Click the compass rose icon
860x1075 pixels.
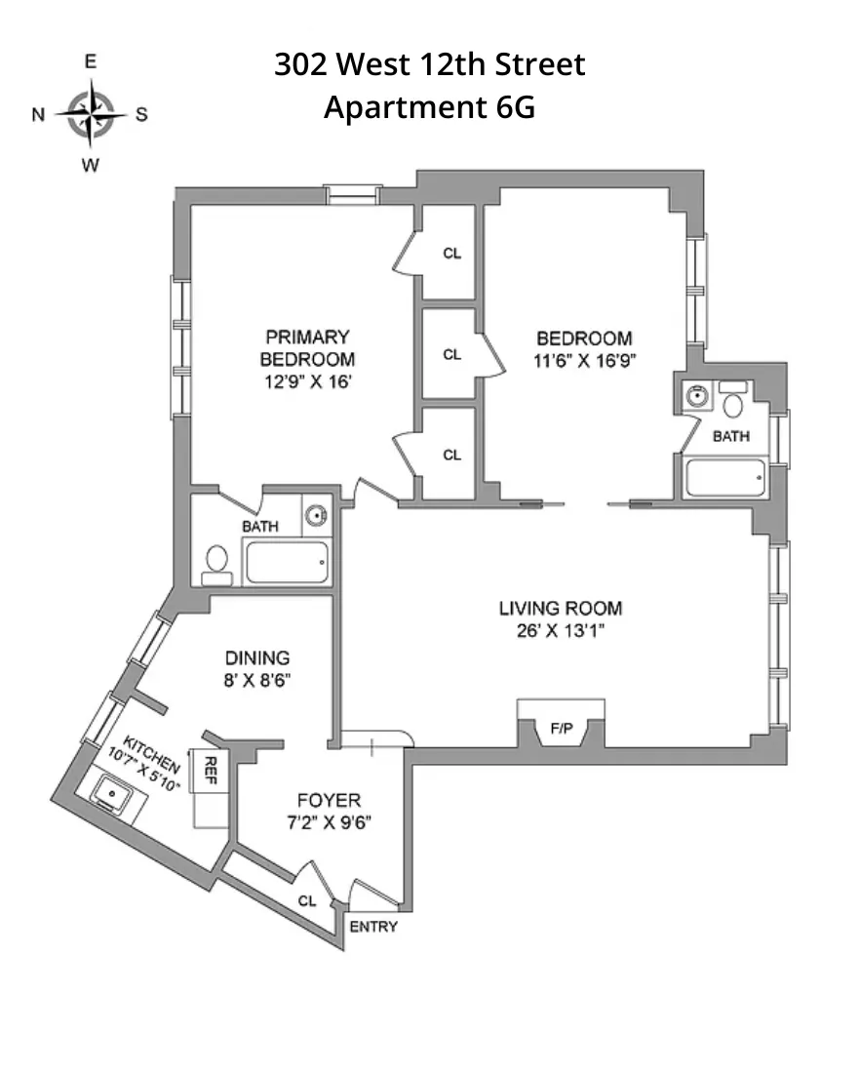(x=91, y=113)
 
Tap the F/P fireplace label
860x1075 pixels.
(x=561, y=727)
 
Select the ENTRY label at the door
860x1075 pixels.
(x=373, y=926)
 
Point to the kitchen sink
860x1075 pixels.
(x=115, y=794)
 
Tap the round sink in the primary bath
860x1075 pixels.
(x=315, y=515)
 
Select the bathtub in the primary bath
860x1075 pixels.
(x=286, y=564)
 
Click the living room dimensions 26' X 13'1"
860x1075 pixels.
(x=561, y=630)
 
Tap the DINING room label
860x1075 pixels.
(x=257, y=657)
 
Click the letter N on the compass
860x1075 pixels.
(x=38, y=114)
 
